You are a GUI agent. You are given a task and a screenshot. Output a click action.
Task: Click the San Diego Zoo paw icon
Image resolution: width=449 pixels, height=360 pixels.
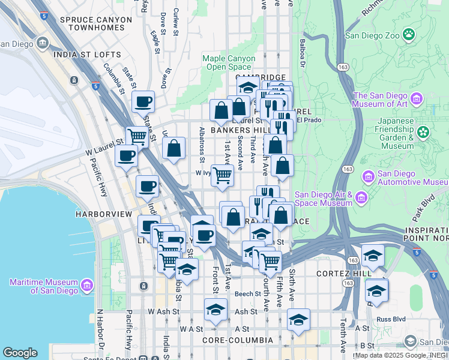(409, 34)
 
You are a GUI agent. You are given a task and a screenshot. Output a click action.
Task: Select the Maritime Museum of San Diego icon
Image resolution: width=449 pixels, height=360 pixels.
(87, 284)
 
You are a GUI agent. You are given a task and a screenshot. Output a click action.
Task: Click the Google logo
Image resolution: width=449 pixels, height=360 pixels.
(20, 353)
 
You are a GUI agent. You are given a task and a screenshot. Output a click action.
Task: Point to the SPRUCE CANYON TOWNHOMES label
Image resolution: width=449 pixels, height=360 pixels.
(96, 24)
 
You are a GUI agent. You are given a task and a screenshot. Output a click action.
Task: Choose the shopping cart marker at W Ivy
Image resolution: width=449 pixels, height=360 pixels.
(222, 175)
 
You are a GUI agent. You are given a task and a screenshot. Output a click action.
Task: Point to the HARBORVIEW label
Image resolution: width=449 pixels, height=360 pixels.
(98, 214)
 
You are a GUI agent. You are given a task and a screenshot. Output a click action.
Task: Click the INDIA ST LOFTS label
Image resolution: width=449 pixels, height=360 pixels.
(87, 55)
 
